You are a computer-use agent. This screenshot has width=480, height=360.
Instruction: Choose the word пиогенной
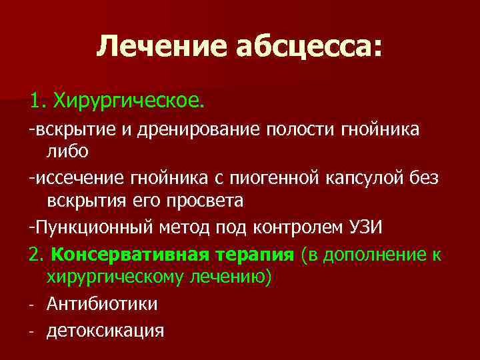click(x=287, y=178)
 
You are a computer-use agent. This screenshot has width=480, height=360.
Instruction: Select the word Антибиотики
click(x=102, y=304)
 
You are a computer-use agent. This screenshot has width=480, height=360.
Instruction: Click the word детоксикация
click(x=105, y=330)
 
